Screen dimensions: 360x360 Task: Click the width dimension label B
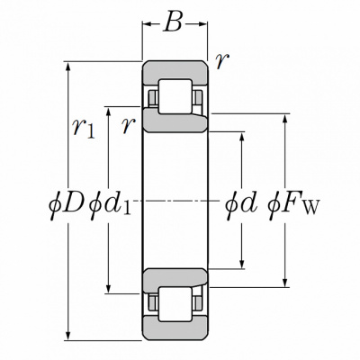pos(173,22)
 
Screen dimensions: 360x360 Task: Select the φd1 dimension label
pos(111,205)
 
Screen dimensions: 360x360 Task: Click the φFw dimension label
pos(293,205)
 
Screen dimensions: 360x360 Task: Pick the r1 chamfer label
pos(84,129)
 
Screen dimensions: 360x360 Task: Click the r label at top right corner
pos(222,61)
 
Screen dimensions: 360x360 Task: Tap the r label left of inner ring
pos(129,125)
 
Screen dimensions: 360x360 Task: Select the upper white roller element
pos(175,96)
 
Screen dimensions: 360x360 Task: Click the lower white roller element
pos(175,304)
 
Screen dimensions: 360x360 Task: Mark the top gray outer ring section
pos(175,72)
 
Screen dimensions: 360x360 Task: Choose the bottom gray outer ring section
pos(175,328)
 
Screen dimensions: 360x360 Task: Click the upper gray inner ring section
pos(175,121)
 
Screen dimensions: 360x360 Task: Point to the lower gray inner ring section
pos(175,279)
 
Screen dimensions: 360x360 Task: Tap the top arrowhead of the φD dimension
pos(68,67)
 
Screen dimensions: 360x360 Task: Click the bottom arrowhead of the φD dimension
pos(68,336)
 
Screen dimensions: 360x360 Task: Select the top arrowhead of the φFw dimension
pos(285,119)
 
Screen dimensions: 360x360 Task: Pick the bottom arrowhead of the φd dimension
pos(242,264)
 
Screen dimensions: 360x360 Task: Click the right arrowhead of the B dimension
pos(202,24)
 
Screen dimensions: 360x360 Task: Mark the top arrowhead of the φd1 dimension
pos(109,112)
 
